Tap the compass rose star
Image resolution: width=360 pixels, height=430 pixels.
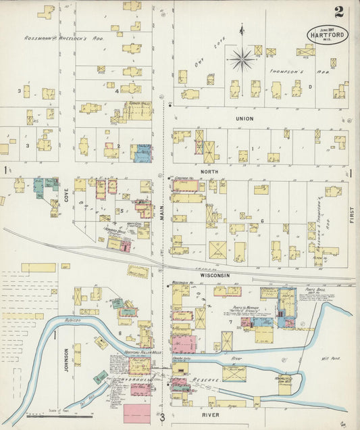pos(242,59)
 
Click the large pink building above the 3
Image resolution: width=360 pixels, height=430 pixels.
pos(137,413)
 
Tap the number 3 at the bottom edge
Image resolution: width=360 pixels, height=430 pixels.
pos(162,417)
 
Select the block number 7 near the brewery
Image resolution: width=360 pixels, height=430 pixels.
pos(230,320)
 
